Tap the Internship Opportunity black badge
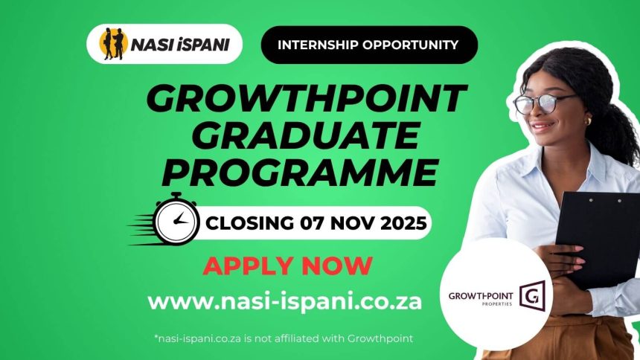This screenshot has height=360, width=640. click(368, 45)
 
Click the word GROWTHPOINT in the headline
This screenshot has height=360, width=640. click(307, 98)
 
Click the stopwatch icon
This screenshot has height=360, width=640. click(176, 220)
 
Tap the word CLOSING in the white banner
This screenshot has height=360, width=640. click(250, 222)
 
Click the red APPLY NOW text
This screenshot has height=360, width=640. click(287, 265)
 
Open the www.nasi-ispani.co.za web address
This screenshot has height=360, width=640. click(285, 301)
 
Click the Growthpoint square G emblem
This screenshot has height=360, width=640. click(531, 295)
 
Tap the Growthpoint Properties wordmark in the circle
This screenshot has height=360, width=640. click(481, 298)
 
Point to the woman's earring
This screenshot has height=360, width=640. click(587, 120)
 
